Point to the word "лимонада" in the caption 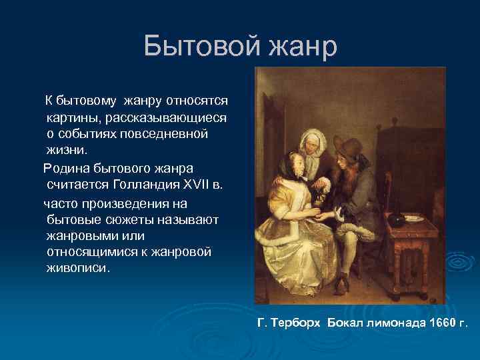394,323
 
